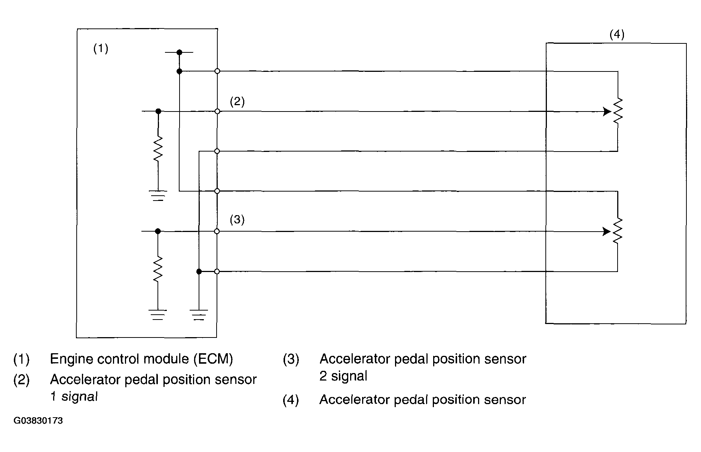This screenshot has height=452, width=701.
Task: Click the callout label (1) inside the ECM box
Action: pos(101,49)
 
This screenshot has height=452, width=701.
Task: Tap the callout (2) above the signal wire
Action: pos(237,102)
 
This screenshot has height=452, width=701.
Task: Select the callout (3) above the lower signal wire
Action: pos(237,219)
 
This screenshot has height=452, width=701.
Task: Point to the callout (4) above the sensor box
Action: pos(617,35)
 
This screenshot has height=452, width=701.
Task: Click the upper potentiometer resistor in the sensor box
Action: pos(618,111)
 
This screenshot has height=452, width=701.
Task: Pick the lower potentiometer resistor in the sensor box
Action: pos(618,231)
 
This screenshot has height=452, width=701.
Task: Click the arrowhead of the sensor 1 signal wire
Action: pos(607,112)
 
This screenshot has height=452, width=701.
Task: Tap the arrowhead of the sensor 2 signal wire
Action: pos(607,232)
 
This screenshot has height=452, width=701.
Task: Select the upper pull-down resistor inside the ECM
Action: pos(158,148)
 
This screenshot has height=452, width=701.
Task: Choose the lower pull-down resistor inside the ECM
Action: pos(158,269)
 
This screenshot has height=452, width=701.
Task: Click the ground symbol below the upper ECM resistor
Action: pos(158,195)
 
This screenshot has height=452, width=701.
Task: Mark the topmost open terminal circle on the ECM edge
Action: pos(217,71)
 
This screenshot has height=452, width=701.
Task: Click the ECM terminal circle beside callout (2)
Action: pos(217,112)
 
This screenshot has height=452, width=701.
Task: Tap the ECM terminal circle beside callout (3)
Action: pos(217,232)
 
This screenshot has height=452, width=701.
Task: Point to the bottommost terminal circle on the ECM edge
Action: pos(217,271)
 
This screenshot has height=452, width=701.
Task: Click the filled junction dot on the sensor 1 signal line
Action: pos(158,111)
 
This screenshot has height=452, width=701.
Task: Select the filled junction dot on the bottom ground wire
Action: pos(199,271)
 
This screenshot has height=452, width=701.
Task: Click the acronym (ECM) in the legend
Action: pos(213,359)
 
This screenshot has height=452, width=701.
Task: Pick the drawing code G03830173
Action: pos(38,421)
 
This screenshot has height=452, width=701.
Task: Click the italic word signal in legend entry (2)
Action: pos(79,397)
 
